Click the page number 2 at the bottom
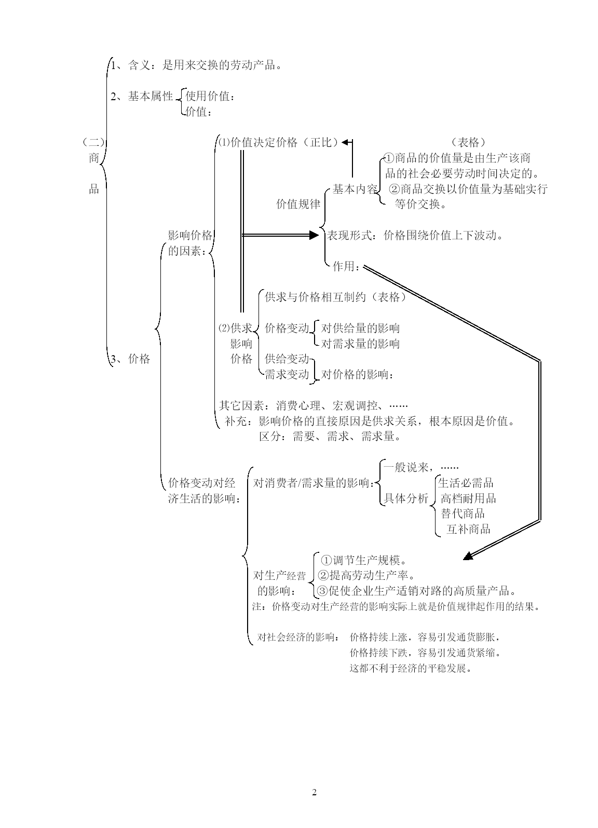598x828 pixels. point(314,792)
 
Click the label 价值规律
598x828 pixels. point(298,204)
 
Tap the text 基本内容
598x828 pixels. point(355,189)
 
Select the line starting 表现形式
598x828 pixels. point(415,235)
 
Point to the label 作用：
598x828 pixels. point(346,266)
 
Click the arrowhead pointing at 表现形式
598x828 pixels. point(314,235)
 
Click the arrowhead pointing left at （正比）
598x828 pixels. point(346,142)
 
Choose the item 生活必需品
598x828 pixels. point(466,482)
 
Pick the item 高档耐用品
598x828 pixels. point(468,498)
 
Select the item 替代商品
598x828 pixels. point(463,513)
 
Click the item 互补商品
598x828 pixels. point(468,529)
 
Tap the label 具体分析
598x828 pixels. point(406,498)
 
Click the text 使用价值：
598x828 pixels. point(210,96)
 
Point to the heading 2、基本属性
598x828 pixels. point(142,96)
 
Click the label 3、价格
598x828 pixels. point(130,359)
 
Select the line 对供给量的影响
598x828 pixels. point(360,328)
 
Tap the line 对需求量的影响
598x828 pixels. point(360,343)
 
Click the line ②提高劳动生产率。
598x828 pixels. point(367,575)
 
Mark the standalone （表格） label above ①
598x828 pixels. point(468,142)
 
